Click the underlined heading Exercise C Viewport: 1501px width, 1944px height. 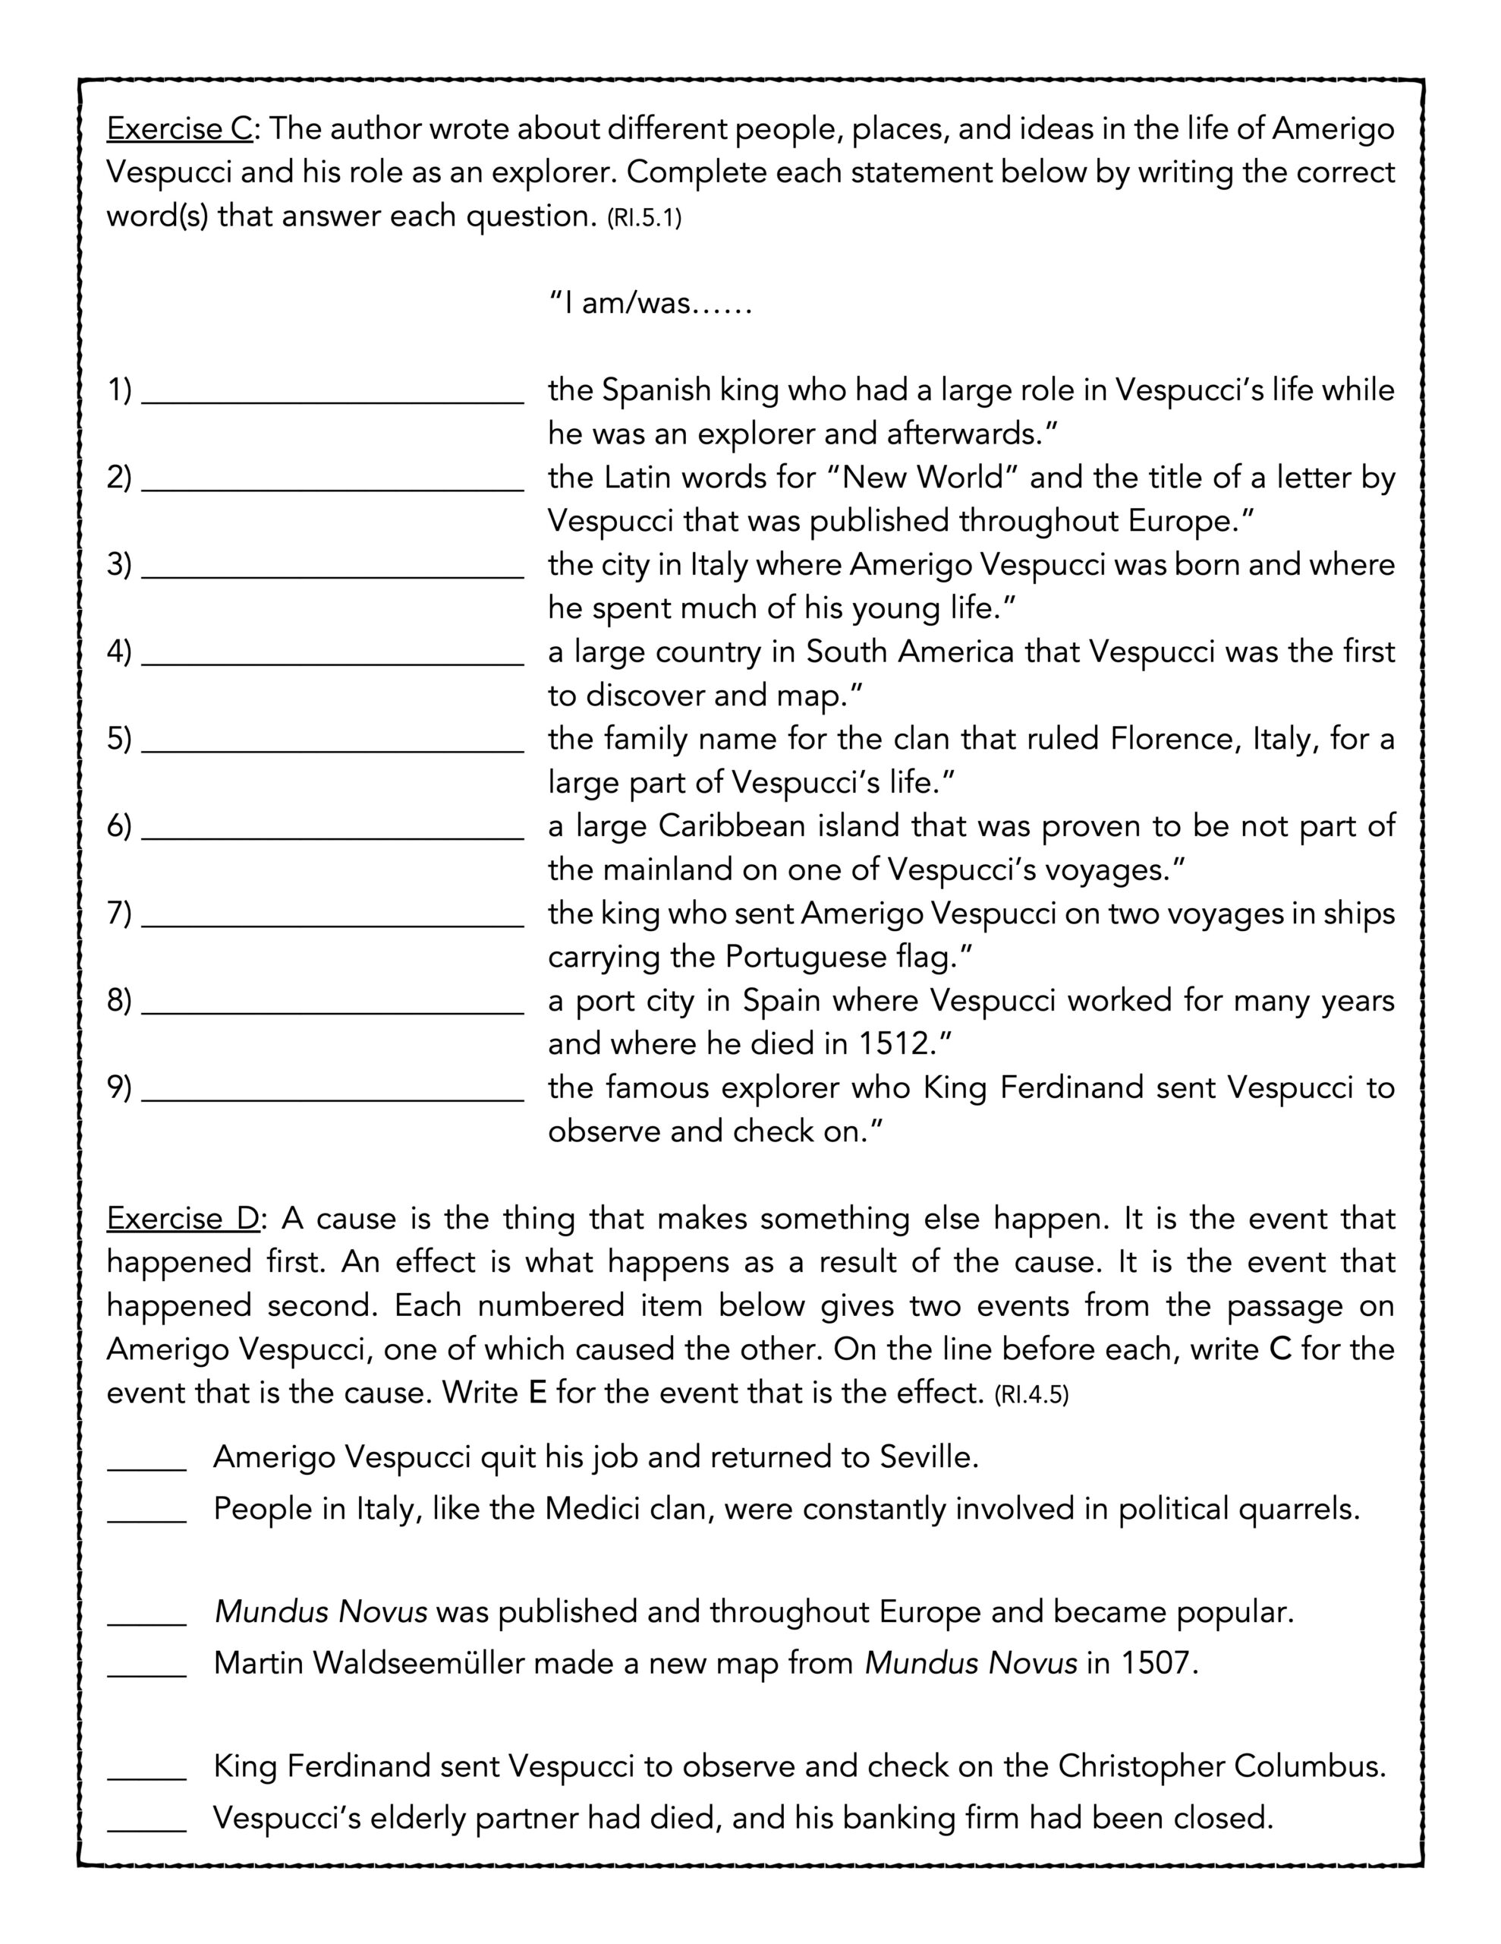180,129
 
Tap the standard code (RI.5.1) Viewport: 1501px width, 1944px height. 644,218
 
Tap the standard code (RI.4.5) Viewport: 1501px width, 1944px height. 1031,1394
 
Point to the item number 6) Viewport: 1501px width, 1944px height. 119,826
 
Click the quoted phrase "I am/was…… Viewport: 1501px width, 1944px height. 650,304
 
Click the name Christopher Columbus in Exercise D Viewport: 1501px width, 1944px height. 1221,1766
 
